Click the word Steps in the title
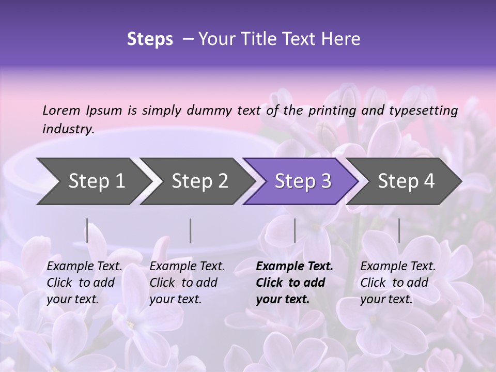[150, 39]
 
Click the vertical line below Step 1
[87, 230]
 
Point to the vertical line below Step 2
[191, 230]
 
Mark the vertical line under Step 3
[295, 230]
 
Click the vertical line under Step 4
[399, 230]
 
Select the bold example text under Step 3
[295, 283]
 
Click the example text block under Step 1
[84, 283]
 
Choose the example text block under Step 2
[187, 283]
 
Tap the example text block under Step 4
[398, 283]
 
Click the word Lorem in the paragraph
[61, 110]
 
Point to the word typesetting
[423, 111]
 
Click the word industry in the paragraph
[67, 129]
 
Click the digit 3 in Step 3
[326, 181]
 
